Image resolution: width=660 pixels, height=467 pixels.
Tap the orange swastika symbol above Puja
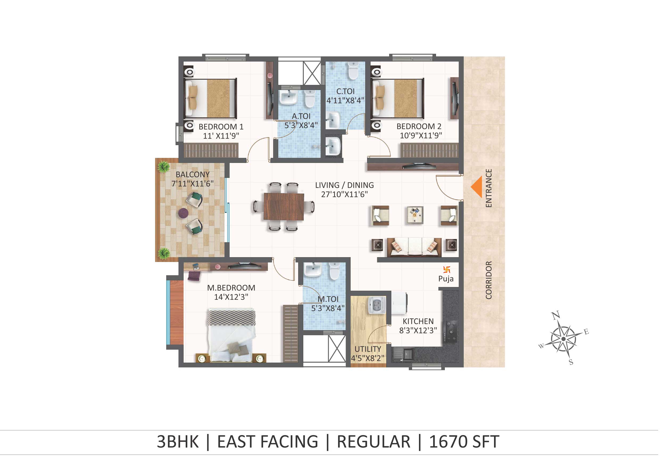[447, 270]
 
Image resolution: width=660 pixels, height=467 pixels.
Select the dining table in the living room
[284, 207]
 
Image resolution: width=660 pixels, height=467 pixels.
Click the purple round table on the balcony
[183, 214]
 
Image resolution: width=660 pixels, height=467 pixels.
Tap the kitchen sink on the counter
[404, 354]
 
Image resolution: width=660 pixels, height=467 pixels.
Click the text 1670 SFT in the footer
[464, 442]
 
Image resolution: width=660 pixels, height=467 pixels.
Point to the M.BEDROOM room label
[231, 288]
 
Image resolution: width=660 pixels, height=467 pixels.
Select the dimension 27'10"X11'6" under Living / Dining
[344, 195]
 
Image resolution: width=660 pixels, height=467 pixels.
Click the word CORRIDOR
[489, 280]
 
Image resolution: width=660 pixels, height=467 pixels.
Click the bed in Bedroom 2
[399, 99]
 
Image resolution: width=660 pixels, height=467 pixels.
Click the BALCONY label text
[193, 175]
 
